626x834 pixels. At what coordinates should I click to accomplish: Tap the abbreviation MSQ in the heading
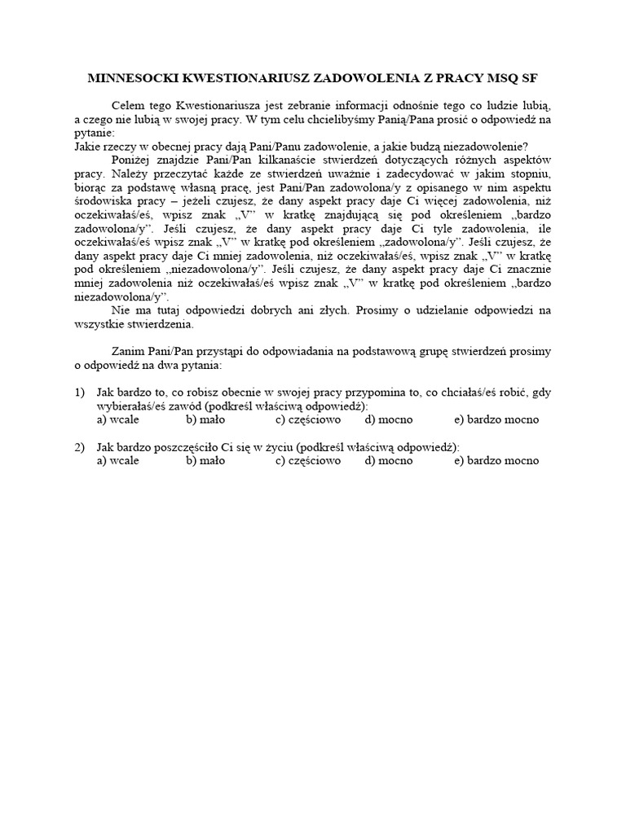492,78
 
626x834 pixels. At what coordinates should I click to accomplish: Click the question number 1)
79,392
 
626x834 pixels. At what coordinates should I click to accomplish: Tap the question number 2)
79,447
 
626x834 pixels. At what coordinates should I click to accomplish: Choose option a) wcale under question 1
117,419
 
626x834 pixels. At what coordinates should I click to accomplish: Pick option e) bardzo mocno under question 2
496,460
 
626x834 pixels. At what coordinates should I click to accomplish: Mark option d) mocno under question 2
389,460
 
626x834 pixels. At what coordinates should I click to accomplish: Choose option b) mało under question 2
205,460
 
